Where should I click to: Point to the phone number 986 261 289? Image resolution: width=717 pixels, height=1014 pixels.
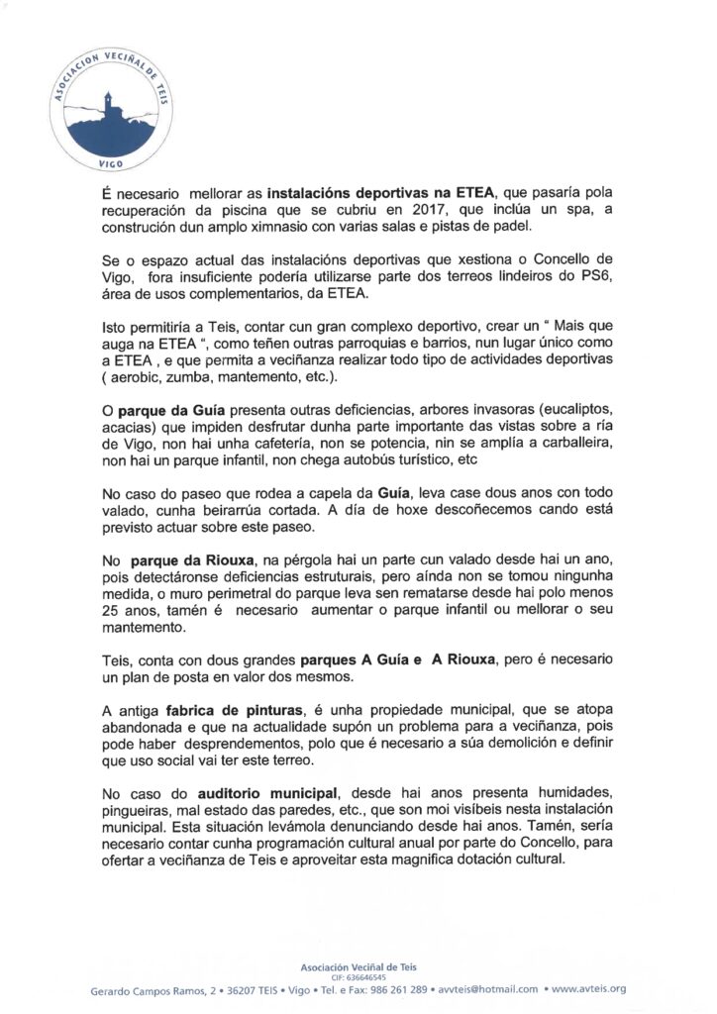(x=396, y=989)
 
